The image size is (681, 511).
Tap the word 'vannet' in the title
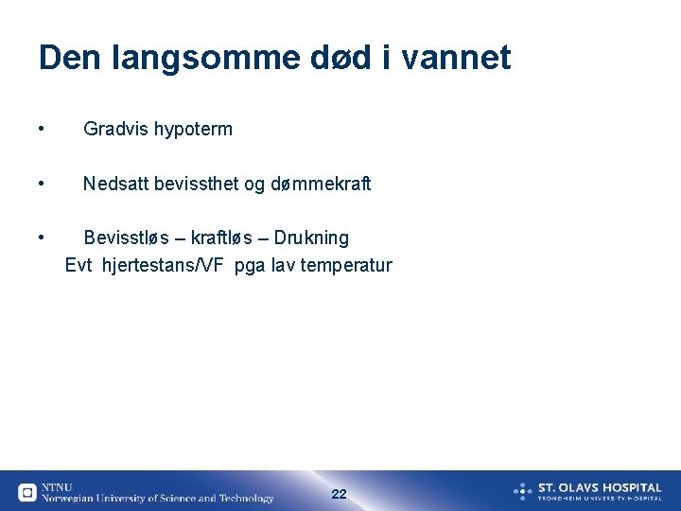(x=457, y=59)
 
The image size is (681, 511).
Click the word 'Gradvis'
(x=114, y=130)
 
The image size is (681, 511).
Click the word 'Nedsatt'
(x=113, y=184)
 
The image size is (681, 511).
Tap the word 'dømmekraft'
(x=321, y=184)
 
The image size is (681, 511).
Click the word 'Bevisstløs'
(x=125, y=238)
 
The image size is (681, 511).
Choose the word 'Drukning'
(x=311, y=238)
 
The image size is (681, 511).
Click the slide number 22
(x=340, y=494)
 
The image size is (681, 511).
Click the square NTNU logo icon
(x=27, y=492)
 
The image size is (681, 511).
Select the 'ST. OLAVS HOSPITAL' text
(x=600, y=487)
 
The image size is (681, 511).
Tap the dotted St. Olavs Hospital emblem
(x=523, y=491)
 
